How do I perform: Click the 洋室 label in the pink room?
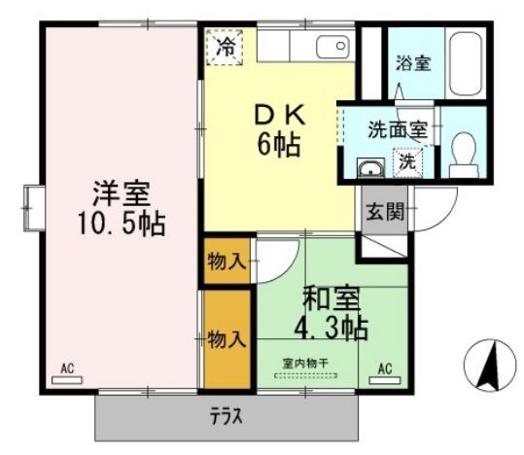122,193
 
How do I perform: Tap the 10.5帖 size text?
122,224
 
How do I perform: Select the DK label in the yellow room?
279,115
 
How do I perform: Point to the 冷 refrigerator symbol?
225,47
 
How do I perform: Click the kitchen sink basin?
332,46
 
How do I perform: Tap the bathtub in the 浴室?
465,63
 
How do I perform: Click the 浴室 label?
413,63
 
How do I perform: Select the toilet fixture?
464,155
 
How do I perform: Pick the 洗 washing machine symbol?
407,162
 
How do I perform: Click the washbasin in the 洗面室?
370,167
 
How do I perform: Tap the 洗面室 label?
398,129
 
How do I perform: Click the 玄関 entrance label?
385,211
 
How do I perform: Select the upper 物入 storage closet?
227,261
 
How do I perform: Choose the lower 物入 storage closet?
227,339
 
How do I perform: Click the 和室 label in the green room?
332,298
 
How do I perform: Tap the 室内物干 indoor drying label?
305,364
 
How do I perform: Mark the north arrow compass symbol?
490,366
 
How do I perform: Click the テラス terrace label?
226,416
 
